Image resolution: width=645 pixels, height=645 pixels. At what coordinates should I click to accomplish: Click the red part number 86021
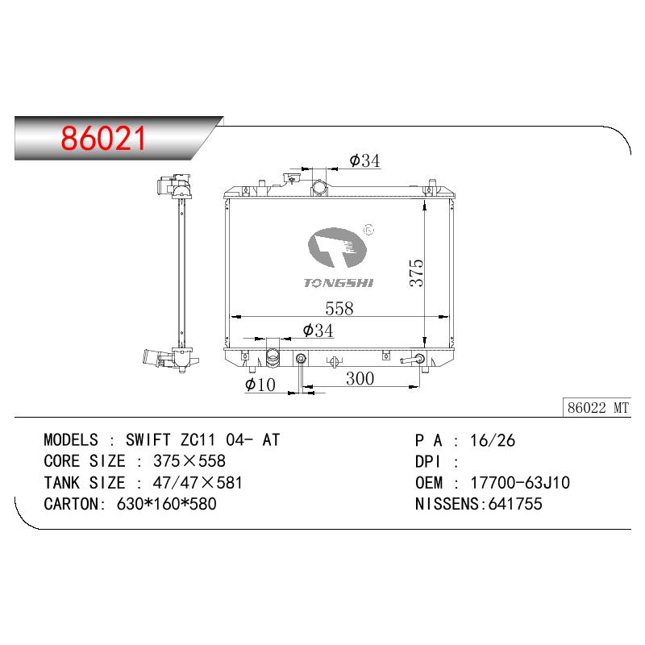pos(103,138)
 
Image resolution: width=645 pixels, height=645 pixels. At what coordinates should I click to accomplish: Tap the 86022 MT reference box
pos(597,408)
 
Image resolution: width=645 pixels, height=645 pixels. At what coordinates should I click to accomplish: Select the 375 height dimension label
pos(416,273)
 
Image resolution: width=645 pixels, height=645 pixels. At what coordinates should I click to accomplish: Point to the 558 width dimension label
pos(339,309)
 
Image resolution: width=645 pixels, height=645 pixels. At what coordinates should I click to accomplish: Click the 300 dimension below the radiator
pos(360,378)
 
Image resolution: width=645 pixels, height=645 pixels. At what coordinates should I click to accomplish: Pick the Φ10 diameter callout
pos(260,385)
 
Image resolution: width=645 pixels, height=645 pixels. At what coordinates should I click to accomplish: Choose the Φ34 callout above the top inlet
pos(365,160)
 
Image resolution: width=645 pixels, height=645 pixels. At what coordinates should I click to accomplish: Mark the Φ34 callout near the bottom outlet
pos(318,331)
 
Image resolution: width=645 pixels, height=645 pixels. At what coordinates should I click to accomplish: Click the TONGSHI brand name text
pos(339,283)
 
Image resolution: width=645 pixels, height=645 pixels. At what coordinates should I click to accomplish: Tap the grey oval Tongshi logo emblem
pos(337,248)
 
